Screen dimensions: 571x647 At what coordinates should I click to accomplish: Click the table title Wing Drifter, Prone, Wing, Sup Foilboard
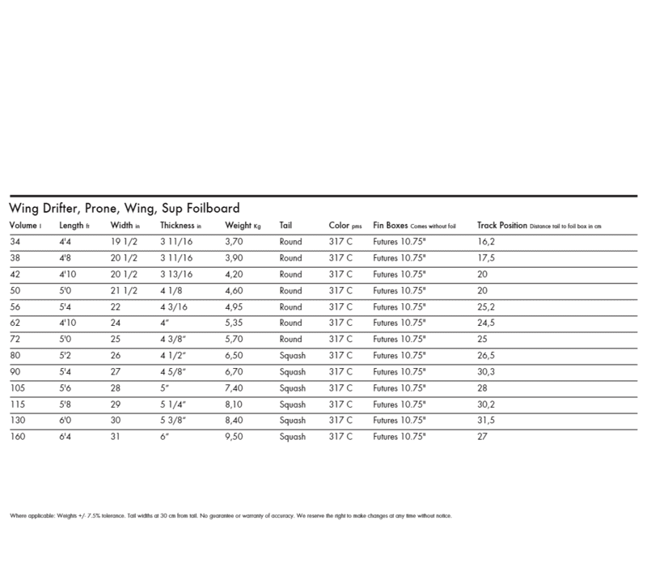pos(123,208)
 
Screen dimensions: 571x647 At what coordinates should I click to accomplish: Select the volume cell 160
pos(17,437)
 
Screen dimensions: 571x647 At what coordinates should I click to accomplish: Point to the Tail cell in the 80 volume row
pos(293,355)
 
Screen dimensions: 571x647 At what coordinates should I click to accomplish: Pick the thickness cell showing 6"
pos(165,437)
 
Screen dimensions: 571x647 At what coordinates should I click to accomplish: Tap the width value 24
pos(116,322)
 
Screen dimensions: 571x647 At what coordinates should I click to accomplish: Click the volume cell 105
pos(17,387)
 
